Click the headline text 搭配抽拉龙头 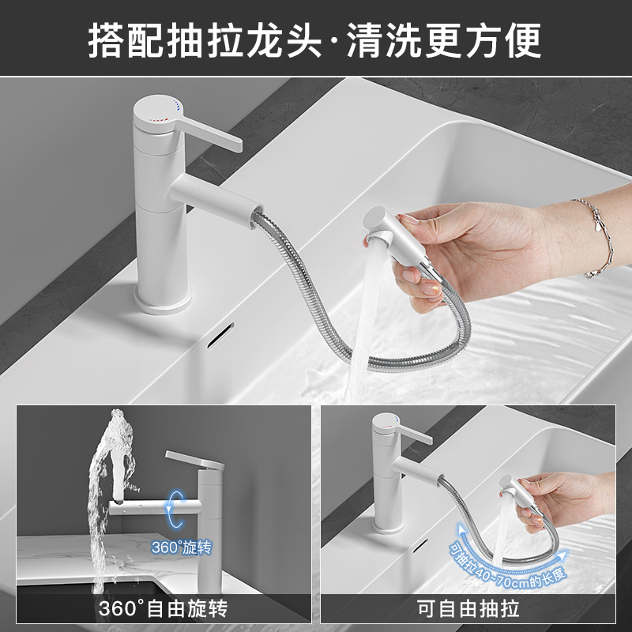[x=205, y=40]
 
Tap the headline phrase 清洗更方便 [x=444, y=40]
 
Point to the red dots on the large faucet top [x=159, y=119]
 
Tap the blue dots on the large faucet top [x=175, y=104]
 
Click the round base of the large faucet [x=163, y=302]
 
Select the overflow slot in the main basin [x=220, y=335]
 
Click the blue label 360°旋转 [x=182, y=547]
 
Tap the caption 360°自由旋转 [x=164, y=608]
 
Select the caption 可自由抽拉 [x=468, y=608]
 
